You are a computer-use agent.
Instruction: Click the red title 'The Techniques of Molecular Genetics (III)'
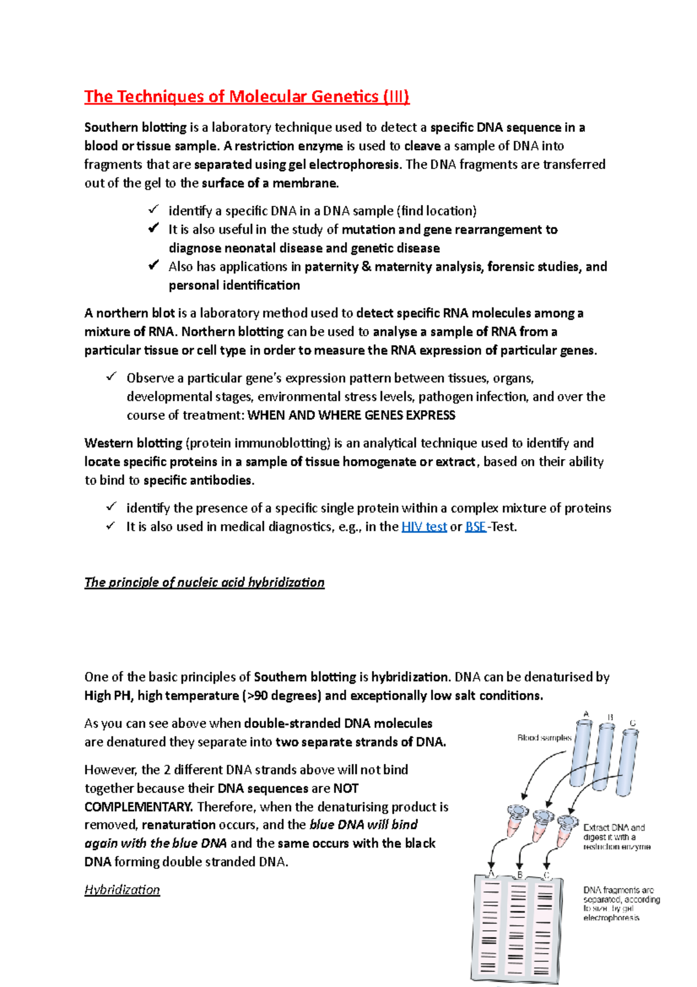(247, 96)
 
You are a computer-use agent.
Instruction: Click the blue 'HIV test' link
(424, 527)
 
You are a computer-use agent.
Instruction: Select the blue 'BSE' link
(476, 527)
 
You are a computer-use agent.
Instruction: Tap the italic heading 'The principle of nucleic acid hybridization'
(204, 582)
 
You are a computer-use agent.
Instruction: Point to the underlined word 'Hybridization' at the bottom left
(122, 890)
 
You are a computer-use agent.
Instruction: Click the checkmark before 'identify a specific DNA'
(153, 209)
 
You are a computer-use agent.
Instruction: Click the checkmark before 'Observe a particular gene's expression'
(112, 377)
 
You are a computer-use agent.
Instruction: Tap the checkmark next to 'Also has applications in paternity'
(153, 265)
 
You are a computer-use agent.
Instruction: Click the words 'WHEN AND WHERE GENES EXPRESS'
(351, 415)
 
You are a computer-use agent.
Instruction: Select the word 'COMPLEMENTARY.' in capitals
(138, 807)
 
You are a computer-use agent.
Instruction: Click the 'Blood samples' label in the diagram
(544, 738)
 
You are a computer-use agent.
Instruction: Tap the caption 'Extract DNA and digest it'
(616, 837)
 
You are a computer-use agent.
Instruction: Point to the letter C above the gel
(546, 875)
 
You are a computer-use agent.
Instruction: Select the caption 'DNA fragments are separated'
(620, 904)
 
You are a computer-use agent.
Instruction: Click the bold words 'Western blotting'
(133, 443)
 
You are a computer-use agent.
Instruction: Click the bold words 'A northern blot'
(130, 313)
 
